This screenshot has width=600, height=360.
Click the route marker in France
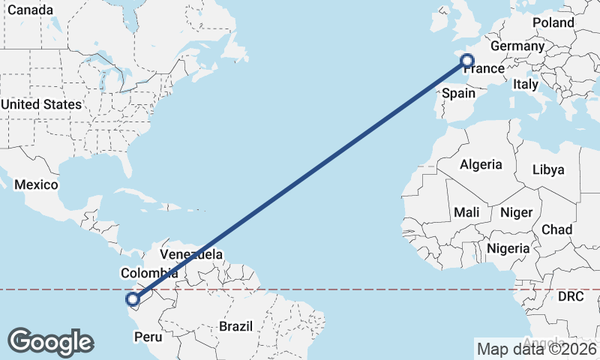(x=467, y=61)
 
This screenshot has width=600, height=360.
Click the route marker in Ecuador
(x=133, y=301)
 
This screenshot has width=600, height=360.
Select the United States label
(x=40, y=104)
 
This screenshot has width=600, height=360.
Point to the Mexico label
(x=36, y=184)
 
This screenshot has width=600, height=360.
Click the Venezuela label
(x=190, y=254)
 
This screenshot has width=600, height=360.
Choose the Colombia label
(x=149, y=273)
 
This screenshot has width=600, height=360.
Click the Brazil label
(x=236, y=326)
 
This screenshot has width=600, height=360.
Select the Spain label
(x=459, y=93)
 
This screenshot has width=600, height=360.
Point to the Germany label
(x=517, y=46)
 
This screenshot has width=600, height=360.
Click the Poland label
(x=553, y=22)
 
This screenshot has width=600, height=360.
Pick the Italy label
(x=526, y=85)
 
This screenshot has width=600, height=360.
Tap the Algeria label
(x=481, y=164)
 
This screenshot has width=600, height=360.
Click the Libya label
(x=547, y=169)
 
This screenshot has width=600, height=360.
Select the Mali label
(x=466, y=213)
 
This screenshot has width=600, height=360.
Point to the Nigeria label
(x=508, y=247)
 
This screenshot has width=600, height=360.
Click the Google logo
(x=50, y=342)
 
